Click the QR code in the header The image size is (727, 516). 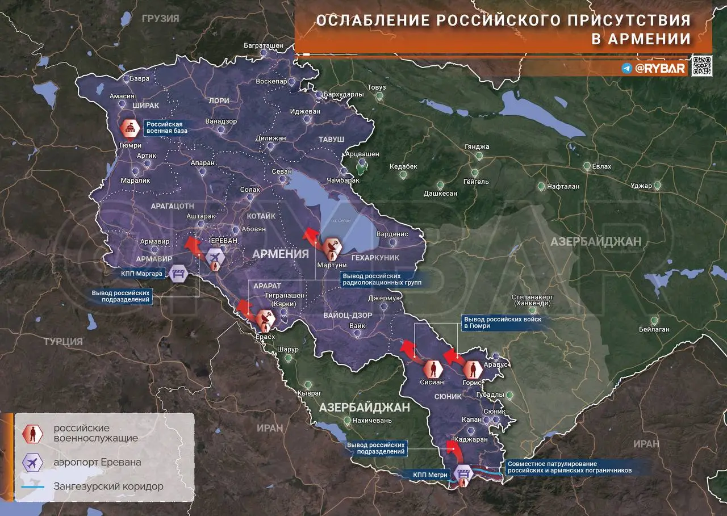[x=702, y=66]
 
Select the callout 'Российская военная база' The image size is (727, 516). [x=166, y=127]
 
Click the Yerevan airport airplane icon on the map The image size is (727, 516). [x=215, y=258]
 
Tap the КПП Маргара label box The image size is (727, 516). [x=143, y=274]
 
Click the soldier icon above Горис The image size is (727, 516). [x=472, y=370]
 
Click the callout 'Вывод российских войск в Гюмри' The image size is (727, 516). [x=502, y=323]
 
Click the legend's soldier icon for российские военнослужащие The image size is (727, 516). [x=33, y=434]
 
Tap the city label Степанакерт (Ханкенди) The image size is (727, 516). [x=532, y=300]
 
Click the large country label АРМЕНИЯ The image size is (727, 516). [x=280, y=254]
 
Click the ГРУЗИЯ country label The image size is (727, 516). [x=161, y=18]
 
